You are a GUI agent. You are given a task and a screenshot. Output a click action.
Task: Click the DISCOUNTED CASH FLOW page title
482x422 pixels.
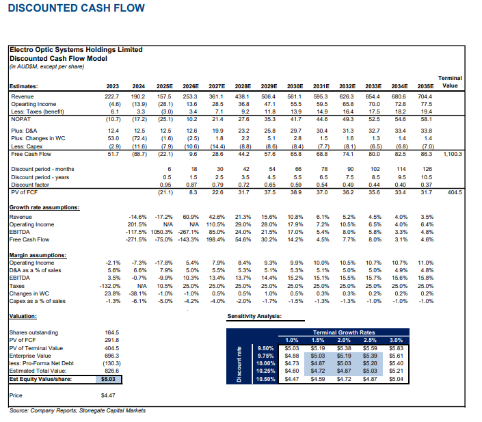[76, 8]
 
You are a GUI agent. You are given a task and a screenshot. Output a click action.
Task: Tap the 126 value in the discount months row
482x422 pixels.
[428, 168]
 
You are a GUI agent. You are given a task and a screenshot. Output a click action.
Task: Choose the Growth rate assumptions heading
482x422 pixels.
[44, 206]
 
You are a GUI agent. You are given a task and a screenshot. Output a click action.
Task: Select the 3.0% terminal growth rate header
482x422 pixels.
[396, 339]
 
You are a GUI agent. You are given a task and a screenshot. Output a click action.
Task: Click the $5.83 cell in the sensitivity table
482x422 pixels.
[396, 347]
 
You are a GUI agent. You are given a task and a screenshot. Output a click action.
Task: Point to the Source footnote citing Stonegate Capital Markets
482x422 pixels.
[77, 410]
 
